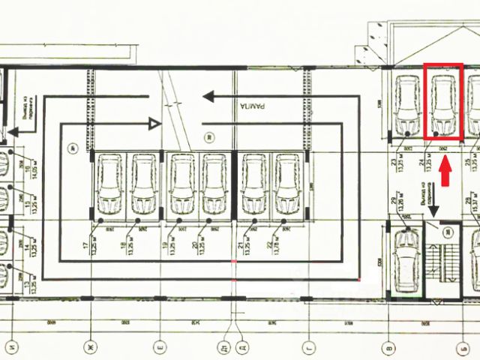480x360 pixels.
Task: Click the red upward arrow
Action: pyautogui.click(x=444, y=174)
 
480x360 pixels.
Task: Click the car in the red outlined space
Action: pyautogui.click(x=443, y=103)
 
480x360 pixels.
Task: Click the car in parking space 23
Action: pyautogui.click(x=407, y=103)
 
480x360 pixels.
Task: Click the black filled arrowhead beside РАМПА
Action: pyautogui.click(x=210, y=97)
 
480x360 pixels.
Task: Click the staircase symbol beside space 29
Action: pyautogui.click(x=444, y=262)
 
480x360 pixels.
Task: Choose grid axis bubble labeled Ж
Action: pyautogui.click(x=91, y=346)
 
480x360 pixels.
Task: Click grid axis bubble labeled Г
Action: pyautogui.click(x=308, y=346)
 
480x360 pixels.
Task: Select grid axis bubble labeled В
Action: pyautogui.click(x=388, y=346)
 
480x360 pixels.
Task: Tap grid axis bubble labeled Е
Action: pyautogui.click(x=160, y=346)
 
